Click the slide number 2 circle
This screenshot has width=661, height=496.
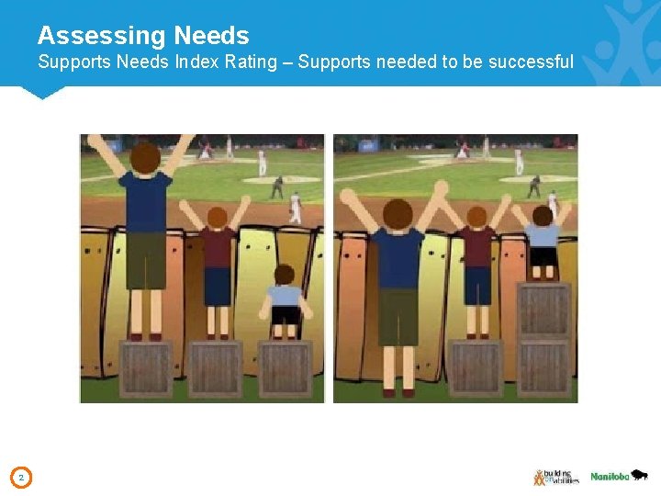point(23,477)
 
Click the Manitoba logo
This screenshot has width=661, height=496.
point(619,476)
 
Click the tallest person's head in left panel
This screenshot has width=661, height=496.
point(144,158)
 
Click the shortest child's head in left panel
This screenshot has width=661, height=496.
point(284,275)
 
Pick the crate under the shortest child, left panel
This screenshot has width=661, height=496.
point(285,369)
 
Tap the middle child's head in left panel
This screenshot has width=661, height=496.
point(217,218)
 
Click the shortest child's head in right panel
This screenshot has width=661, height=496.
point(543,215)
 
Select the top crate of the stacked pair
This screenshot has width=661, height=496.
point(543,310)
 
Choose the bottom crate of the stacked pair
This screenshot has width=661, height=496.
point(543,367)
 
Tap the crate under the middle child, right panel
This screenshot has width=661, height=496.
point(476,368)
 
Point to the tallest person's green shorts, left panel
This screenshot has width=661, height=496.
point(145,260)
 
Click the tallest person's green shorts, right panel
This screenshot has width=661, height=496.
point(398,317)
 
